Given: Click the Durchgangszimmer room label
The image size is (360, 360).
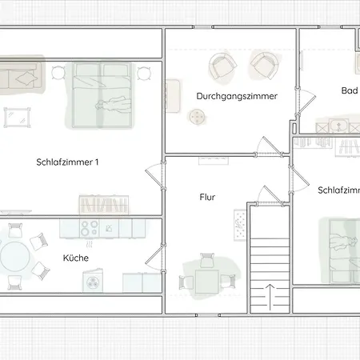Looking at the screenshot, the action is click(x=237, y=96).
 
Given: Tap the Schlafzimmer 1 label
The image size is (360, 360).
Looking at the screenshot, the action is click(x=67, y=162).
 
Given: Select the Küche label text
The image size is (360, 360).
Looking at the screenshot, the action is click(x=76, y=258).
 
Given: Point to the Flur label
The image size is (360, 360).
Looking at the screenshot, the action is click(x=207, y=197).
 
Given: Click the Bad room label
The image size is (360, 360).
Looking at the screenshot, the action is click(x=350, y=90).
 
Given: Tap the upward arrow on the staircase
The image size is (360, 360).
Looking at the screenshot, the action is click(x=270, y=297).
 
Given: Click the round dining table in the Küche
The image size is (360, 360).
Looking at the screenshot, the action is click(x=15, y=257).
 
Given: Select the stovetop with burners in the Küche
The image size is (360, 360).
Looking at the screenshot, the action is click(x=90, y=229).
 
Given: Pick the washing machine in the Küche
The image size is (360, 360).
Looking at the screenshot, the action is click(x=93, y=282).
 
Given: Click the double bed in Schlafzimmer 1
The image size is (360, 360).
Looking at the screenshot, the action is click(x=102, y=95).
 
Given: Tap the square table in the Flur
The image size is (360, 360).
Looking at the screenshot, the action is click(x=207, y=282).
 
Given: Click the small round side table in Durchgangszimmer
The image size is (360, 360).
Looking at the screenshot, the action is click(x=197, y=117).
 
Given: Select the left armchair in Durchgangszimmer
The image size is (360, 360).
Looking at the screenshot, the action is click(x=222, y=66).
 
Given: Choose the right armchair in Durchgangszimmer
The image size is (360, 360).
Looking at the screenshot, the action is click(x=265, y=66).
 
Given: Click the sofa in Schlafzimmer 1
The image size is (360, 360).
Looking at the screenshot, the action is click(x=21, y=75).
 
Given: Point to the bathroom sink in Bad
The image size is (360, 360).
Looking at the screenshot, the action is click(x=338, y=126).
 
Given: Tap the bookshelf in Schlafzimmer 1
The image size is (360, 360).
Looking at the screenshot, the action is click(x=104, y=205).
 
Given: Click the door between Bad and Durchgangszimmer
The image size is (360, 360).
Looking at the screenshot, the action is click(x=306, y=102).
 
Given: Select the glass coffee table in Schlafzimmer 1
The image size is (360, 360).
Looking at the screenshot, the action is click(x=17, y=118).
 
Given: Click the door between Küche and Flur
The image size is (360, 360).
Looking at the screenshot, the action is click(x=154, y=258).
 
